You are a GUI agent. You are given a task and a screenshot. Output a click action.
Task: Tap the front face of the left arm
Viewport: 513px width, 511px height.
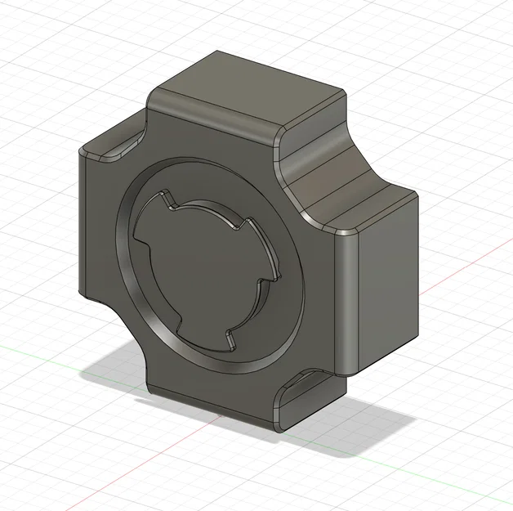click(98, 229)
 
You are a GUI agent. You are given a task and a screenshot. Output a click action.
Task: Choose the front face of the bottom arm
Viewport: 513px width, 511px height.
click(212, 392)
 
